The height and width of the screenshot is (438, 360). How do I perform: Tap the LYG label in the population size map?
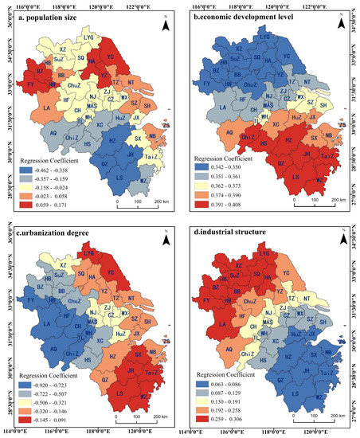pyautogui.click(x=99, y=37)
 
